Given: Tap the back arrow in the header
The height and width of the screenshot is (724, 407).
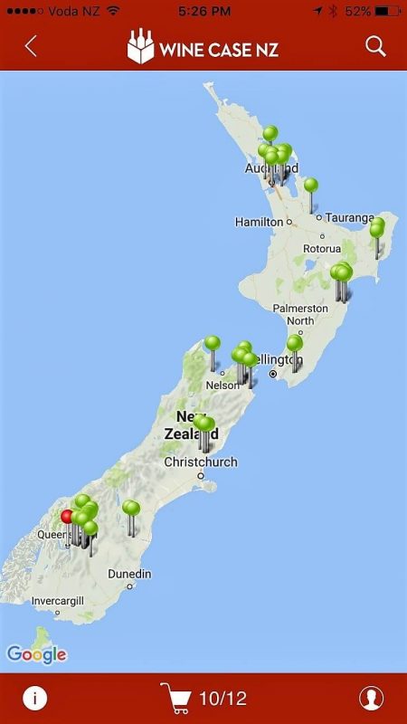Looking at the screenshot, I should pyautogui.click(x=31, y=46).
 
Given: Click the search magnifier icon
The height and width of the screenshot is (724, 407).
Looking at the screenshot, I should pyautogui.click(x=375, y=46).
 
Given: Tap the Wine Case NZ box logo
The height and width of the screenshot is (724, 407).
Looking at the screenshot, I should pyautogui.click(x=140, y=47).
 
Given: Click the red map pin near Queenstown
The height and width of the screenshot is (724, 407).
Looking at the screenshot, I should pyautogui.click(x=67, y=518).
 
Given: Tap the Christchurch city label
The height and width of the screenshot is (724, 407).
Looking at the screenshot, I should pyautogui.click(x=201, y=462).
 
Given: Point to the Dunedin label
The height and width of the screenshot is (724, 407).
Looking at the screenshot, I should pyautogui.click(x=129, y=574).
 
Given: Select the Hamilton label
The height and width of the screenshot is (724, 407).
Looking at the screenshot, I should pyautogui.click(x=259, y=222).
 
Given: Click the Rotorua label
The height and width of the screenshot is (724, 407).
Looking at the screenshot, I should pyautogui.click(x=322, y=248).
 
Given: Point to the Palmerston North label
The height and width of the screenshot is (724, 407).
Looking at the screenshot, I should pyautogui.click(x=299, y=314).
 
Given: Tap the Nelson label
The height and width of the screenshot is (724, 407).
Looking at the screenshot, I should pyautogui.click(x=221, y=384).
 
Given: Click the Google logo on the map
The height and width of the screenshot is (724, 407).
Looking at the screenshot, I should pyautogui.click(x=36, y=654).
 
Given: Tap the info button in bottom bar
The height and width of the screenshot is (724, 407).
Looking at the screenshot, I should pyautogui.click(x=34, y=698).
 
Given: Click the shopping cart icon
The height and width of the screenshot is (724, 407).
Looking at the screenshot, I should pyautogui.click(x=175, y=698).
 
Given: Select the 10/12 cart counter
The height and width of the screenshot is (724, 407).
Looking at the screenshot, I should pyautogui.click(x=222, y=699).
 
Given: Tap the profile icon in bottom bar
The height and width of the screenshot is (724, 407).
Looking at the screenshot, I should pyautogui.click(x=371, y=698).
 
